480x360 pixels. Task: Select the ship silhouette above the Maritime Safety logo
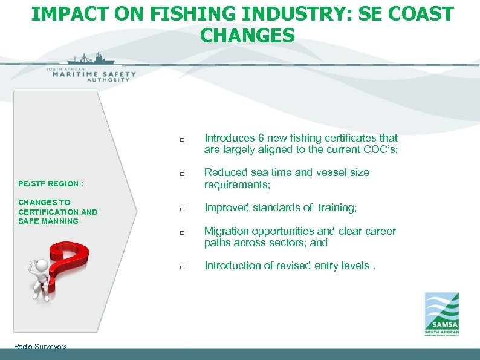click(x=90, y=60)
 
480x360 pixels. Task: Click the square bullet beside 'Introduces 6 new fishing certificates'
click(x=181, y=140)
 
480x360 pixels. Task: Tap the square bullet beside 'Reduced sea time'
click(x=181, y=175)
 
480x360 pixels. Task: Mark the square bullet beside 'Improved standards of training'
click(x=181, y=209)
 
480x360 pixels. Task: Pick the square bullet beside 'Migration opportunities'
click(x=181, y=233)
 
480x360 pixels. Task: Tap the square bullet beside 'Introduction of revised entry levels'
click(x=181, y=267)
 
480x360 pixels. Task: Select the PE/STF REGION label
click(x=51, y=183)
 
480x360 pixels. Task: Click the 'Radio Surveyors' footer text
click(x=40, y=347)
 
